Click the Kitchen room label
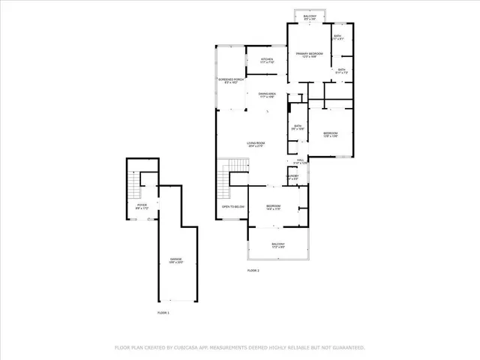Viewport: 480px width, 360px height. coord(267,60)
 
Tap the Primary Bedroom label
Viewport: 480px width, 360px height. coord(309,55)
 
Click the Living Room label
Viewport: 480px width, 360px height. coord(257,145)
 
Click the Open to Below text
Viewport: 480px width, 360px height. coord(232,206)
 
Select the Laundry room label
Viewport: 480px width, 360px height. coord(292,178)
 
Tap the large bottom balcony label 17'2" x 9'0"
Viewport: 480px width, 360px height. coord(277,245)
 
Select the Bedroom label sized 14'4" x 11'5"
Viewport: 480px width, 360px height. coord(273,208)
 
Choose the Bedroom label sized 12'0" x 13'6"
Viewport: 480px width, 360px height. coord(331,135)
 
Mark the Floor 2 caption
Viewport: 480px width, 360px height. coord(253,270)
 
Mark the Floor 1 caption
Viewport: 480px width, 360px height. coord(163,312)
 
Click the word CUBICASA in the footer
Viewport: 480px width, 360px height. coord(189,348)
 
